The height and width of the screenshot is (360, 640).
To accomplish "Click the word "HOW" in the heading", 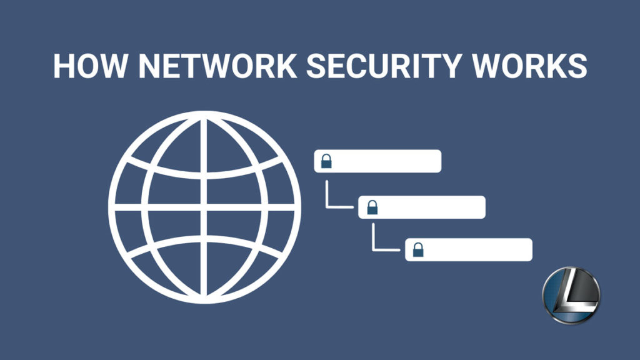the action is [x=90, y=65].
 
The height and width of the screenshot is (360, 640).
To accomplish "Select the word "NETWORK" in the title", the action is [x=217, y=65].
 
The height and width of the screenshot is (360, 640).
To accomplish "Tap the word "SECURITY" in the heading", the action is [x=384, y=65].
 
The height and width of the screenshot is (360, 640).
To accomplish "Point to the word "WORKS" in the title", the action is [x=530, y=65].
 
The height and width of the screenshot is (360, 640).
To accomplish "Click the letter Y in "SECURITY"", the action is [x=449, y=65].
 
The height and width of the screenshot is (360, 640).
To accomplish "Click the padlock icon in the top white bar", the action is [x=326, y=161].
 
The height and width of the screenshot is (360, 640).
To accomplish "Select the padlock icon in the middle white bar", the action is [x=372, y=207].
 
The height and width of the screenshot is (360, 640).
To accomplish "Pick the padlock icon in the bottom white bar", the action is [x=418, y=250].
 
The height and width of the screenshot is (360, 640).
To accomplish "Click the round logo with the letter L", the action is [x=571, y=295].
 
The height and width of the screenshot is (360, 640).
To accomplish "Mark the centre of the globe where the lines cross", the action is [x=203, y=207].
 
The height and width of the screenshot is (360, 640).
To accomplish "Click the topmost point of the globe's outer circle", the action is [x=204, y=111].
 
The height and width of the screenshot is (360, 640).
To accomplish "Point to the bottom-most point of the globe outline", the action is [x=204, y=304].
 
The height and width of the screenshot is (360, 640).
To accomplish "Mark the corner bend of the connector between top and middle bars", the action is [x=326, y=207].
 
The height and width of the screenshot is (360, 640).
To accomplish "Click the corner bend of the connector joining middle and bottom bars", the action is [x=373, y=250].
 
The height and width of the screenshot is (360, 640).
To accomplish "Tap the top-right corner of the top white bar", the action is [x=441, y=150].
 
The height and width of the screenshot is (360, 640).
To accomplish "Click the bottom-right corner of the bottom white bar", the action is [x=532, y=261].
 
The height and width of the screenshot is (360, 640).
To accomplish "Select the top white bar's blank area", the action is [x=386, y=161].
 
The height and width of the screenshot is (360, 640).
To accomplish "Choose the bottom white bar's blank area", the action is [x=477, y=250].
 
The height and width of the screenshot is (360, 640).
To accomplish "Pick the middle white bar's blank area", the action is [x=431, y=207].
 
